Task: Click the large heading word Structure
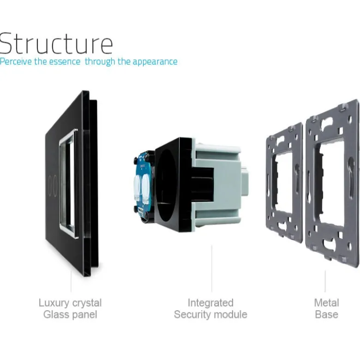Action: (x=56, y=43)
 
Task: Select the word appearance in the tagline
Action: (x=155, y=62)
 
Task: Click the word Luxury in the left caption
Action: (x=54, y=303)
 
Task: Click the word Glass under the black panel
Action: (x=54, y=314)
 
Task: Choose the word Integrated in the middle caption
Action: (x=210, y=303)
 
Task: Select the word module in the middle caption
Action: (x=229, y=314)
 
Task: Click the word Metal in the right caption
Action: (x=326, y=302)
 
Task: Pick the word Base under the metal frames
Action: (x=326, y=314)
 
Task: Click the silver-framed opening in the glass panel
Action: (x=68, y=183)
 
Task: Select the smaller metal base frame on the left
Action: (x=284, y=183)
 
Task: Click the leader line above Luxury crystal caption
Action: (x=71, y=282)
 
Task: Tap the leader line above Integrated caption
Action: (x=212, y=269)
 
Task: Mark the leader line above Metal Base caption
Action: (x=325, y=281)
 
